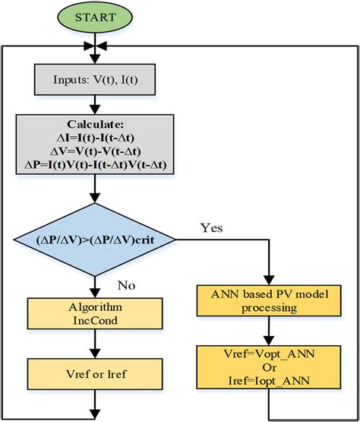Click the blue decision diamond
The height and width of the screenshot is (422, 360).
pos(93,240)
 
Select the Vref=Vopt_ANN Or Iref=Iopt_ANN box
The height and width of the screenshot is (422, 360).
pos(269,366)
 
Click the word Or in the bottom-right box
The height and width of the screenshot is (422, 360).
pos(269,366)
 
